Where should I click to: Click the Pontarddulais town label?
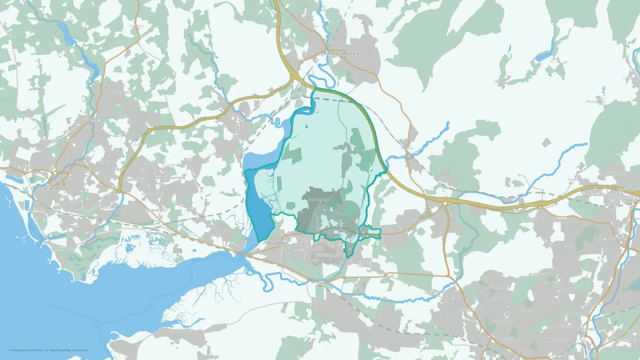coord(341,53)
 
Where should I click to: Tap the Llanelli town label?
coord(54,188)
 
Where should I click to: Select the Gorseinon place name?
coord(338,228)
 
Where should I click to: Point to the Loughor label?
coord(276,243)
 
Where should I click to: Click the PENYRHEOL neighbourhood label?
coord(319,200)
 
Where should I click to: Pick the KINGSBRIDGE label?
coord(328,255)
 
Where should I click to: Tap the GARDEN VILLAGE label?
coord(365,264)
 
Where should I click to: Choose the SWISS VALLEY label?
coord(124,92)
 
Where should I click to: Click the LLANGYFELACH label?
coord(532,219)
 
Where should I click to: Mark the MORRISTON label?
coord(616,238)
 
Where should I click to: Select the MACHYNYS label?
coord(62,249)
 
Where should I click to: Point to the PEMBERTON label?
coord(133,180)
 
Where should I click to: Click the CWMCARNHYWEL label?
coord(170,178)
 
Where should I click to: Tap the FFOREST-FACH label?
coord(471,309)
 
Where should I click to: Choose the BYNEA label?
coord(216,236)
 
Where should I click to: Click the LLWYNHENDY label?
coord(155,211)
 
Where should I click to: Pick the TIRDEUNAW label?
coord(541,275)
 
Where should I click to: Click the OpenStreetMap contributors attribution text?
coord(69,350)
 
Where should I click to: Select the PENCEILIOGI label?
coord(154,162)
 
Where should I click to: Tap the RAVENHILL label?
coord(498,323)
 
